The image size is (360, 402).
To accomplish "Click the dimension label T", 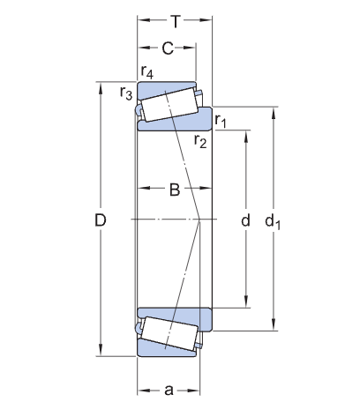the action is tap(176, 21).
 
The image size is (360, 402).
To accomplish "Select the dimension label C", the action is tap(168, 48).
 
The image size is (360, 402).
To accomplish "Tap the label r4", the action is tap(146, 72).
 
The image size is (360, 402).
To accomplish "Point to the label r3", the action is tap(126, 93).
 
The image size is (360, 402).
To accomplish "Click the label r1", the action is tap(221, 121).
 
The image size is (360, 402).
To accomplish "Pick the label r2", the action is tap(200, 141).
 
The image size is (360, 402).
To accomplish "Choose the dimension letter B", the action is tap(175, 190).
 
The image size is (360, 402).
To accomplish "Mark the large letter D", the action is tap(101, 220).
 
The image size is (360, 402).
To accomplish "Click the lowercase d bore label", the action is tap(245, 220).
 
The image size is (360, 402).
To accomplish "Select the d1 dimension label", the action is tap(273, 221).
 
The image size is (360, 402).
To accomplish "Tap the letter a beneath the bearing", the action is tap(169, 391).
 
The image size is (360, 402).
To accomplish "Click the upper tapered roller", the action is tap(169, 105).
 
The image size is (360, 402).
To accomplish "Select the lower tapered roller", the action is tap(169, 333).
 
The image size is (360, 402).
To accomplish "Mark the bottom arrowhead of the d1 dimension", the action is tap(274, 325).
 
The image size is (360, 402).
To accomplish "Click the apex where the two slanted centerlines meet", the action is tap(199, 220).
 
